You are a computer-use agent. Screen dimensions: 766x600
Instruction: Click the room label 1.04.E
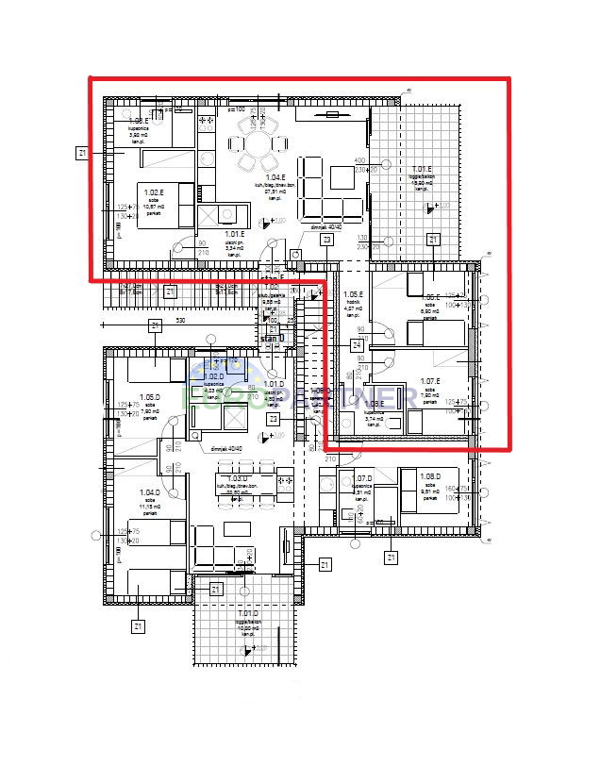point(275,177)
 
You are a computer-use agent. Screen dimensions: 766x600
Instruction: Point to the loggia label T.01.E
point(422,170)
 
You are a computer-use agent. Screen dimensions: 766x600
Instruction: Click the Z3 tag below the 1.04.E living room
point(326,241)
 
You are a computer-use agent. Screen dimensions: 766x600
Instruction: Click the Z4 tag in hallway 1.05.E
point(358,345)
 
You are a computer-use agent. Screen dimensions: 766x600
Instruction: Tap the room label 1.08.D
point(429,476)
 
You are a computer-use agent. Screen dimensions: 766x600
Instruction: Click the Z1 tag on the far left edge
point(83,151)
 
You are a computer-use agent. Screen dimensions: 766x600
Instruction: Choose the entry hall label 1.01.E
point(233,234)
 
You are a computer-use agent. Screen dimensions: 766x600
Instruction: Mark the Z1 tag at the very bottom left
point(138,625)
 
